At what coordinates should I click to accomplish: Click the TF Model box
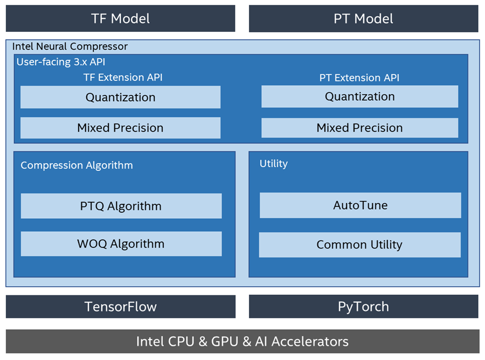tap(120, 19)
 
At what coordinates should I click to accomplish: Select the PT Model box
tap(363, 19)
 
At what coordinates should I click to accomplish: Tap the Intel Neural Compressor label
tap(70, 47)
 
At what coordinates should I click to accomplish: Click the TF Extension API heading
tap(123, 78)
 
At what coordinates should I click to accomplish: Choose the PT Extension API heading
tap(359, 78)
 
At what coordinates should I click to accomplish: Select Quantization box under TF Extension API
tap(120, 98)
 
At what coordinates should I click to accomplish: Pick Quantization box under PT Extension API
tap(359, 96)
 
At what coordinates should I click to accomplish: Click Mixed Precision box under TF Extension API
tap(120, 128)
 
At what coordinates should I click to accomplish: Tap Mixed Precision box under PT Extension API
tap(359, 128)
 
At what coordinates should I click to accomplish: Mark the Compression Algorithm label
tap(77, 165)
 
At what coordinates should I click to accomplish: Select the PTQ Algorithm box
tap(121, 206)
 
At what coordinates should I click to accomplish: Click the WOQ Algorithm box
tap(121, 244)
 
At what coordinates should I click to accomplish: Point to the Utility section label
tap(274, 164)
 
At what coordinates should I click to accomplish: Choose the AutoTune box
tap(360, 205)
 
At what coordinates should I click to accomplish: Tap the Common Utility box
tap(359, 245)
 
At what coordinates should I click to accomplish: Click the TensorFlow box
tap(120, 307)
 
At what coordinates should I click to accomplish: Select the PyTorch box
tap(363, 307)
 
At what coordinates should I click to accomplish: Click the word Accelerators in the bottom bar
tap(310, 341)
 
